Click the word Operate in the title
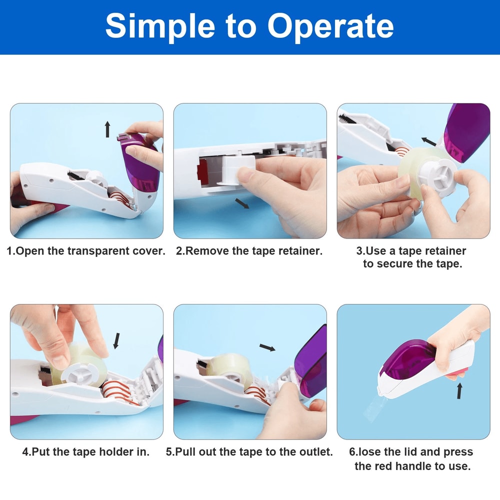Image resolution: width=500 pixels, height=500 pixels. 330,26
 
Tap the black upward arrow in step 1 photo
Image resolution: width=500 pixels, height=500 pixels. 107,129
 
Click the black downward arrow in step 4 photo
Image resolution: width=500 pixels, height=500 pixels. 116,341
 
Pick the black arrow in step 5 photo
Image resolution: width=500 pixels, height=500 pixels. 267,347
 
